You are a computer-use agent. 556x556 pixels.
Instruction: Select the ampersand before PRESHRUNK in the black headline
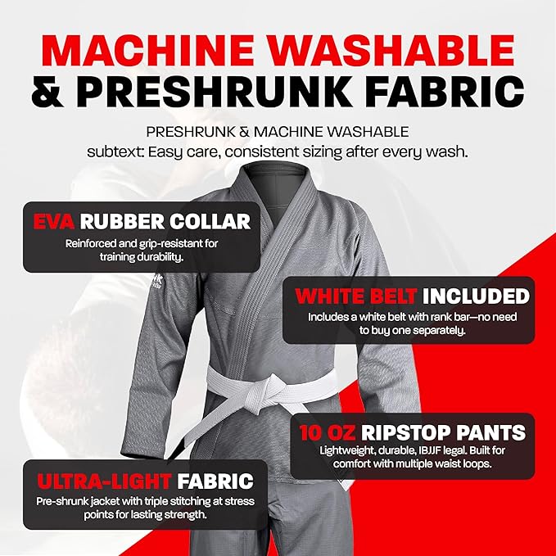tap(47, 91)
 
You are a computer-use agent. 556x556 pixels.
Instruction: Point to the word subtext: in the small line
tap(115, 152)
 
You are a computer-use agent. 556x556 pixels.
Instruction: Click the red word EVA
tap(53, 221)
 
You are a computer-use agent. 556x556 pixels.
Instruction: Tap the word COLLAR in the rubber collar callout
tap(210, 221)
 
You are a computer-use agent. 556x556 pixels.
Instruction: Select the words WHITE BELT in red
tap(355, 296)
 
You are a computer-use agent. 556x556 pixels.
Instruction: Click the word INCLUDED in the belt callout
tap(476, 296)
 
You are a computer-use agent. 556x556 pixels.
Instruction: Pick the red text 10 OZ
tap(327, 432)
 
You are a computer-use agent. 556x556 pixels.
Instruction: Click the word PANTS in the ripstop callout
tap(490, 432)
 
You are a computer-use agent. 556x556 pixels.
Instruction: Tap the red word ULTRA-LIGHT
tap(104, 481)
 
